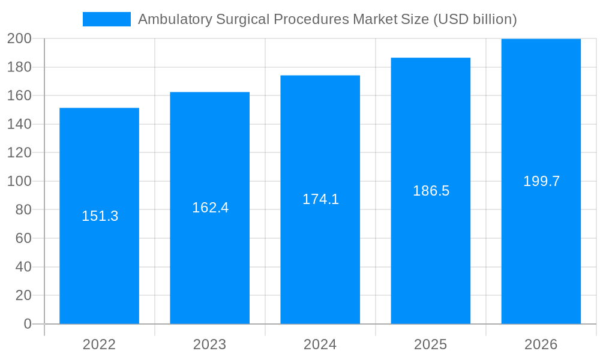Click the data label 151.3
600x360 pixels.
[100, 216]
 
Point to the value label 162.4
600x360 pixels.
[211, 208]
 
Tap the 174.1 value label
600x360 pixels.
[321, 199]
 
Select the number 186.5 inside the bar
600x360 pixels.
[431, 191]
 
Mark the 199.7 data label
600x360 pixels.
[542, 181]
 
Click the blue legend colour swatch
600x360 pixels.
[107, 19]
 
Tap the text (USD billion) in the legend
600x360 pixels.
[475, 19]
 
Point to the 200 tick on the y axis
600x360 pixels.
[19, 39]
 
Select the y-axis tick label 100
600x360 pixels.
[19, 181]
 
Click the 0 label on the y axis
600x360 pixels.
[27, 324]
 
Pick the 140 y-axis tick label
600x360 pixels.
[19, 124]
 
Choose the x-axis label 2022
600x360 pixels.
[100, 344]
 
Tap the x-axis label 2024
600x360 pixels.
[320, 344]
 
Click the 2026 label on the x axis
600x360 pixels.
[541, 344]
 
